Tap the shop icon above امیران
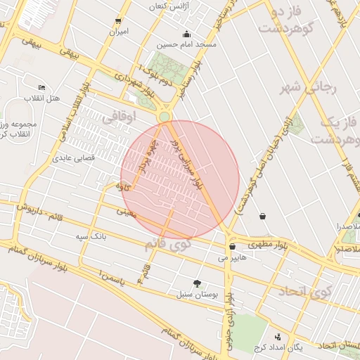coord(118,21)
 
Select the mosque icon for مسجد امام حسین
coord(186,34)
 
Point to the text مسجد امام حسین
coord(186,45)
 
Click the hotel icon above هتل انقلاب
coord(41,87)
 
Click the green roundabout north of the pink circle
coord(165,116)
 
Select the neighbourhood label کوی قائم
coord(167,246)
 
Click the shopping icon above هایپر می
coord(232,247)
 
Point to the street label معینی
coord(125,210)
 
